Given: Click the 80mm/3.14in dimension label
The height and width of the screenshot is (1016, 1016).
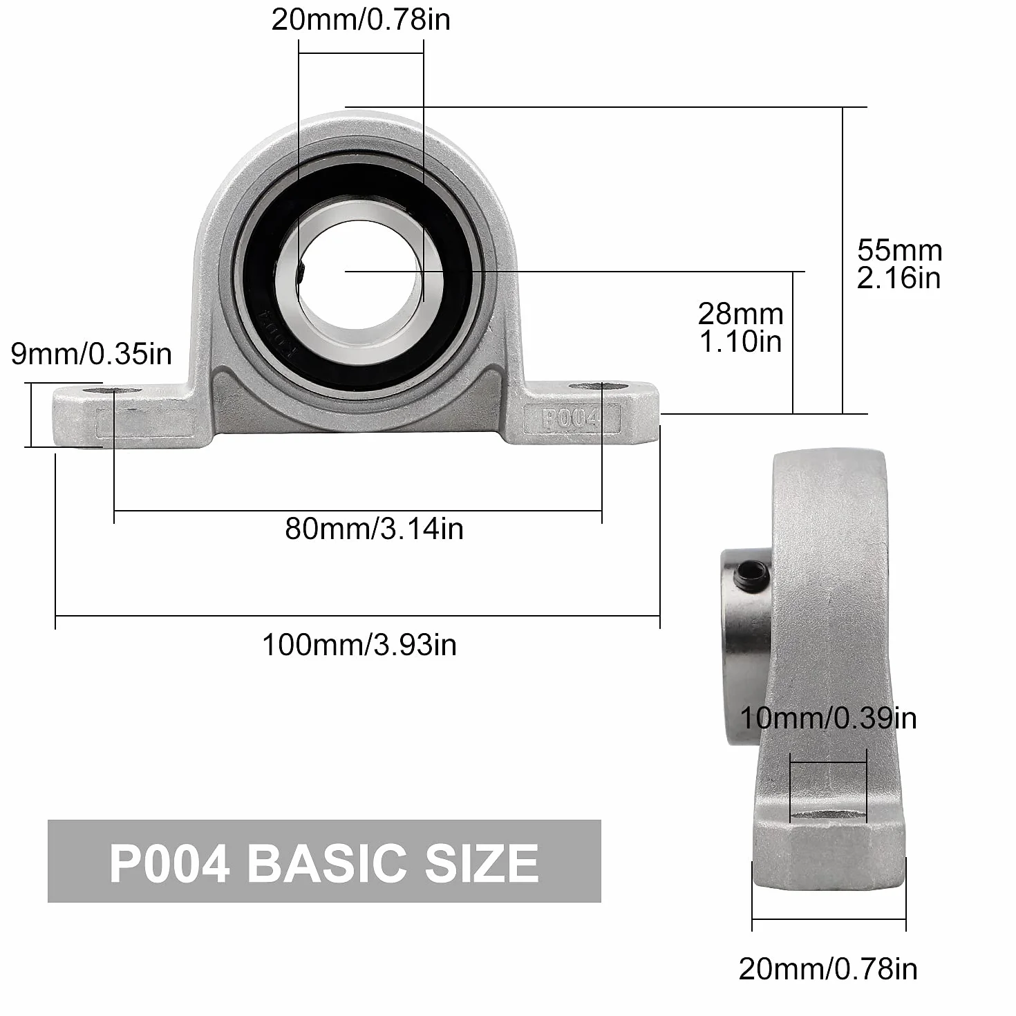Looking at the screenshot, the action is pos(374,529).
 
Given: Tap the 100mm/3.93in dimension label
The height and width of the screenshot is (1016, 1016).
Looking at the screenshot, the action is pos(359,645).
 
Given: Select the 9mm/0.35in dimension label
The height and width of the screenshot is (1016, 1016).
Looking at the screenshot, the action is pos(91,354).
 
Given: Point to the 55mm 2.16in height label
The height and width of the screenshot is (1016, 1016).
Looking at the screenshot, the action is pos(899,264).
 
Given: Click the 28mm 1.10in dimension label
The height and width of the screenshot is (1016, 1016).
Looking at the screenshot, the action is pos(740,328).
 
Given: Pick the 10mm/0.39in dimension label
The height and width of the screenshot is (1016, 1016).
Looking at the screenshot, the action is pos(828,718).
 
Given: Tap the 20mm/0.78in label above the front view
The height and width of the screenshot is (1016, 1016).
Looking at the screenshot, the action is pos(361,20).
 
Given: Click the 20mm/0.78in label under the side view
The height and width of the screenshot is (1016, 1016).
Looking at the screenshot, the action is pos(828,969).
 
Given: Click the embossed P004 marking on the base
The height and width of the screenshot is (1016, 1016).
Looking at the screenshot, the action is pos(571,419).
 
